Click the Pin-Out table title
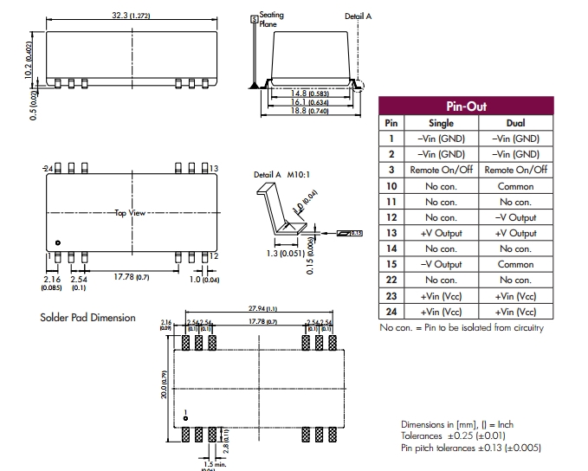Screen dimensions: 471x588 465,106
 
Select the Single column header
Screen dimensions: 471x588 441,123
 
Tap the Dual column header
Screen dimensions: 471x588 515,123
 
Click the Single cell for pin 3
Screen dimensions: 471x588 441,171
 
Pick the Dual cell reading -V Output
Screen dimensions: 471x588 515,217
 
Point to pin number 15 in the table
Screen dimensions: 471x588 391,264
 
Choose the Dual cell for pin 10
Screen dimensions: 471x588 515,186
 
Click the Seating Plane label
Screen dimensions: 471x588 271,20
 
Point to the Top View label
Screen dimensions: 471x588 130,212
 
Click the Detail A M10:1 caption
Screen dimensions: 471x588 280,175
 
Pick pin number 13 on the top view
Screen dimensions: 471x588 213,167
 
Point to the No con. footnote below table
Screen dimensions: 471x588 462,327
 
